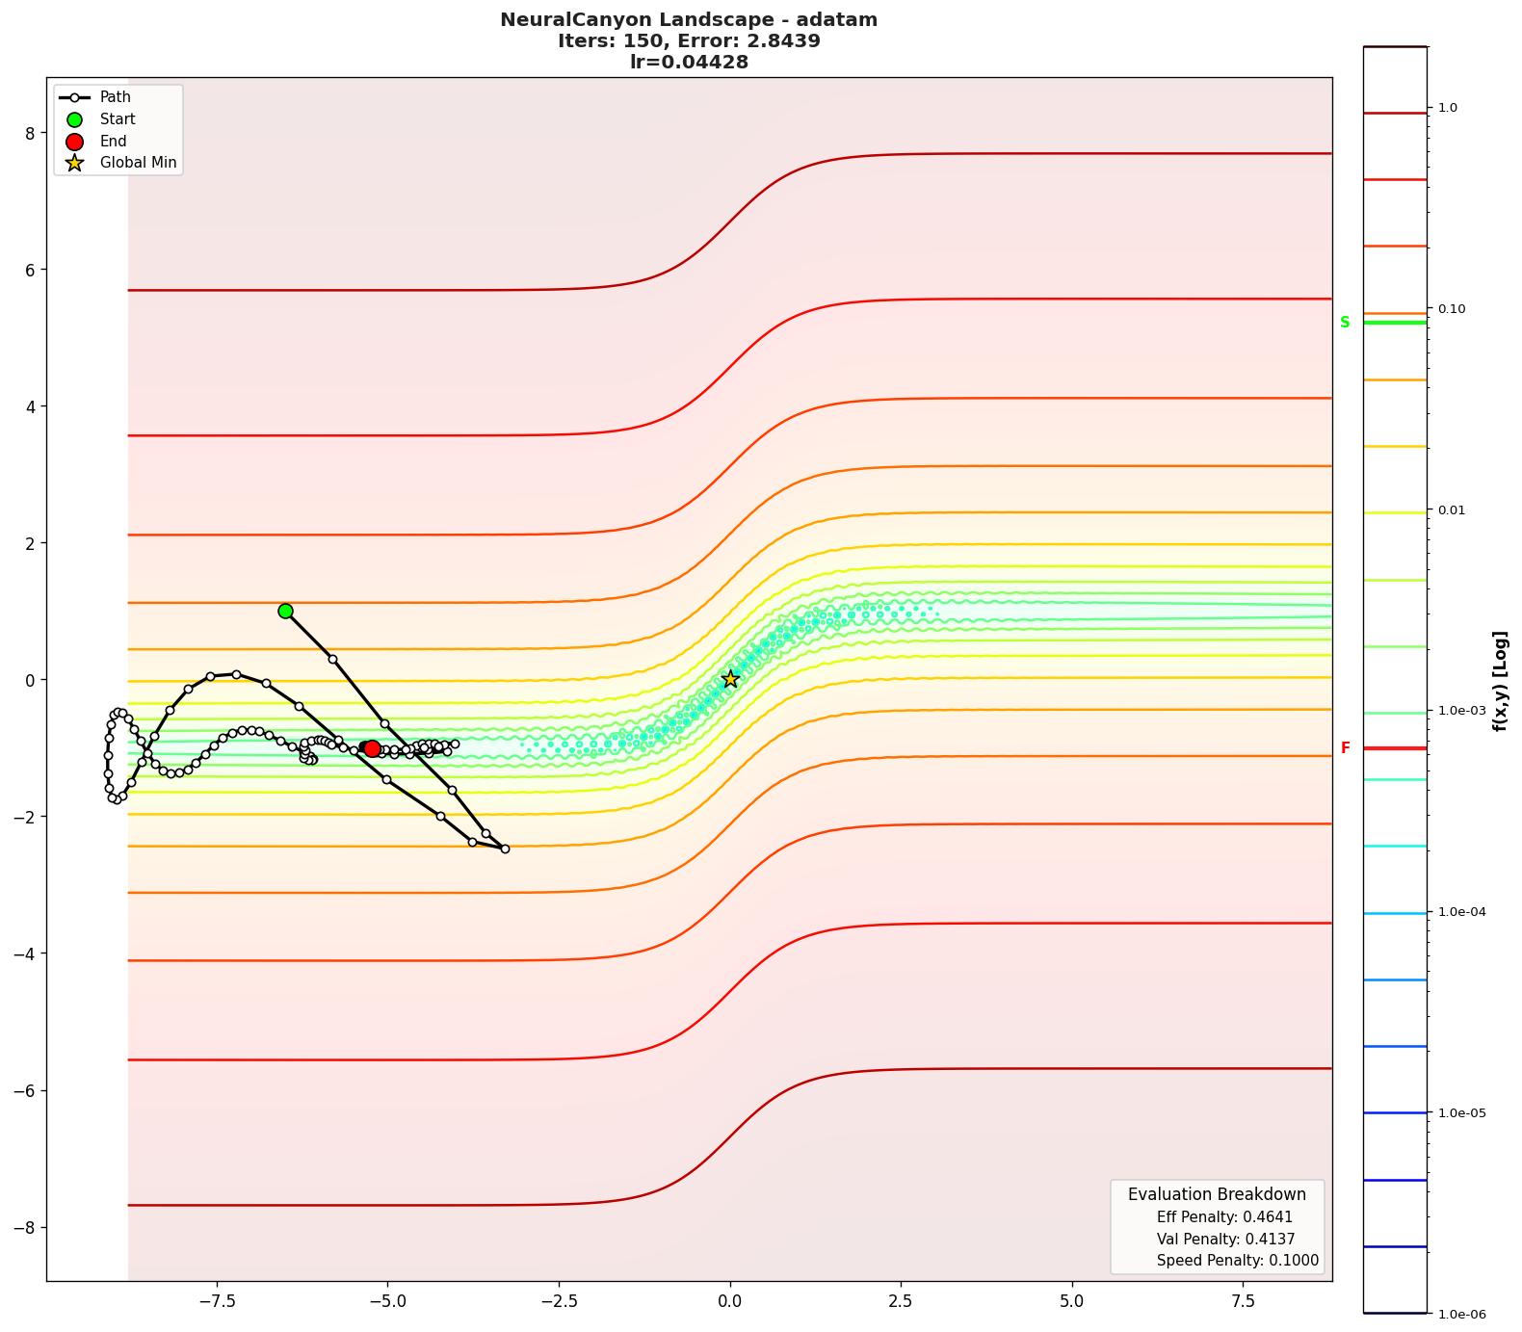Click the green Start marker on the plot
285,611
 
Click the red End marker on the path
372,748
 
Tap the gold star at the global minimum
730,679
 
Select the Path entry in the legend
115,97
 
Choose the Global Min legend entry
138,163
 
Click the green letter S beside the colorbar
1345,322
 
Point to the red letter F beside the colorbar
1345,748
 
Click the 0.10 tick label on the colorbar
1451,309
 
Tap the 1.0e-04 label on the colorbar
1461,912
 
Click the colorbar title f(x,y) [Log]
1500,681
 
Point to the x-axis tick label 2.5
901,1301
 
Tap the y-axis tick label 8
30,133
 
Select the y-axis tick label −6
24,1090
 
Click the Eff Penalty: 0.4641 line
1224,1217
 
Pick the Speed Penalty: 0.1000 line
1237,1261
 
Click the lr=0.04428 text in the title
689,63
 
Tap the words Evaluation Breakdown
1217,1194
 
